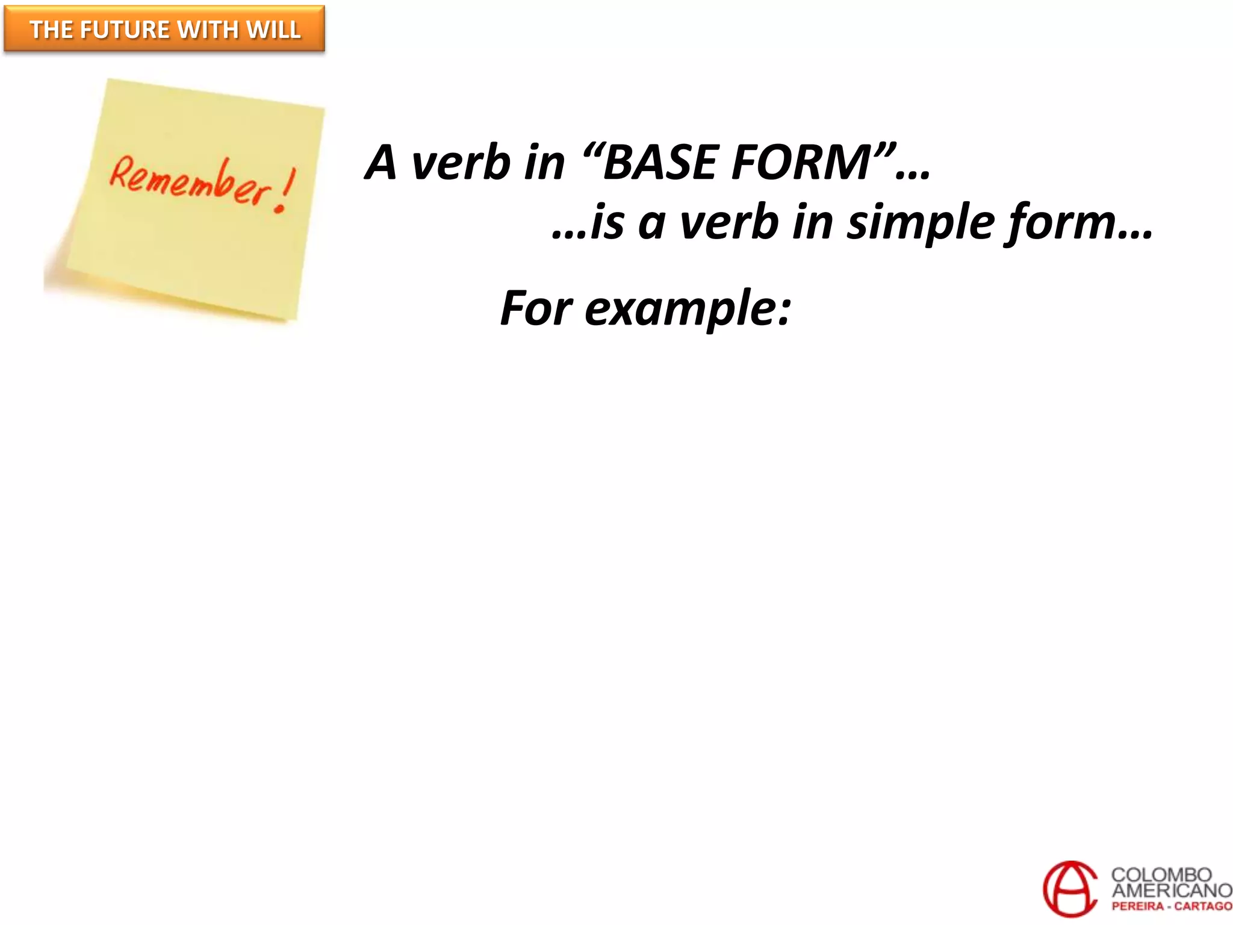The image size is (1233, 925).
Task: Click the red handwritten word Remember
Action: coord(190,181)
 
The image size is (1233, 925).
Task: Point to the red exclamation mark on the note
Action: coord(285,190)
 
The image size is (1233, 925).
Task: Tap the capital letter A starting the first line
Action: coord(382,163)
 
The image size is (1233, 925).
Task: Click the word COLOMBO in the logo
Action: coord(1161,874)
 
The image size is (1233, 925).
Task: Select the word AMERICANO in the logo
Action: coord(1171,890)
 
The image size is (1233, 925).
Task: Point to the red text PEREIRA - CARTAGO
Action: coord(1171,906)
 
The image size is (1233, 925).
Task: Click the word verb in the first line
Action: coord(460,163)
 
